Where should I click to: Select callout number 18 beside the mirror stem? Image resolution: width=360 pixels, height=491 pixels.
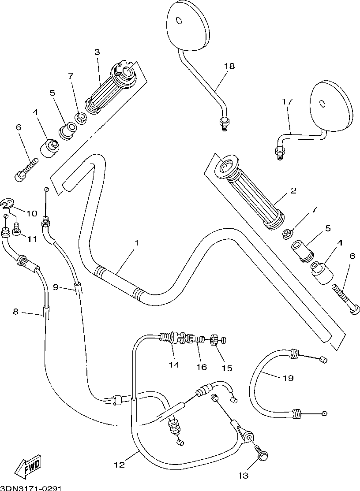[x=229, y=66]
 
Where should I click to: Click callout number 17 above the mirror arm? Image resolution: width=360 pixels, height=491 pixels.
[x=287, y=101]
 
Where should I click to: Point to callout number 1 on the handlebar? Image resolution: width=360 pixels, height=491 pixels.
[x=137, y=243]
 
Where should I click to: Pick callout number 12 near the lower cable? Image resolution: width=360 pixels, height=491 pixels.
[x=120, y=465]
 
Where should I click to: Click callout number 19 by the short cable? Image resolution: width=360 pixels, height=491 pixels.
[x=288, y=378]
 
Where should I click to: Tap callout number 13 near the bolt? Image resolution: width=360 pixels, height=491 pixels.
[x=243, y=476]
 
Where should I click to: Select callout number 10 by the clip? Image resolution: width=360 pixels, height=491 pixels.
[x=31, y=214]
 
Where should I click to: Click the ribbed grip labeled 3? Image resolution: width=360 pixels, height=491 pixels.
[x=111, y=89]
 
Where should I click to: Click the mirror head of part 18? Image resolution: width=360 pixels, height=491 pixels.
[x=187, y=25]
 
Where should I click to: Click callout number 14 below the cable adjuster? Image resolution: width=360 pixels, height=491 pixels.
[x=174, y=365]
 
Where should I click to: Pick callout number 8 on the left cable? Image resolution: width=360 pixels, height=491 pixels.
[x=16, y=312]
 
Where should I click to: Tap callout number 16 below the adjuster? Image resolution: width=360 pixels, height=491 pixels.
[x=202, y=367]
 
